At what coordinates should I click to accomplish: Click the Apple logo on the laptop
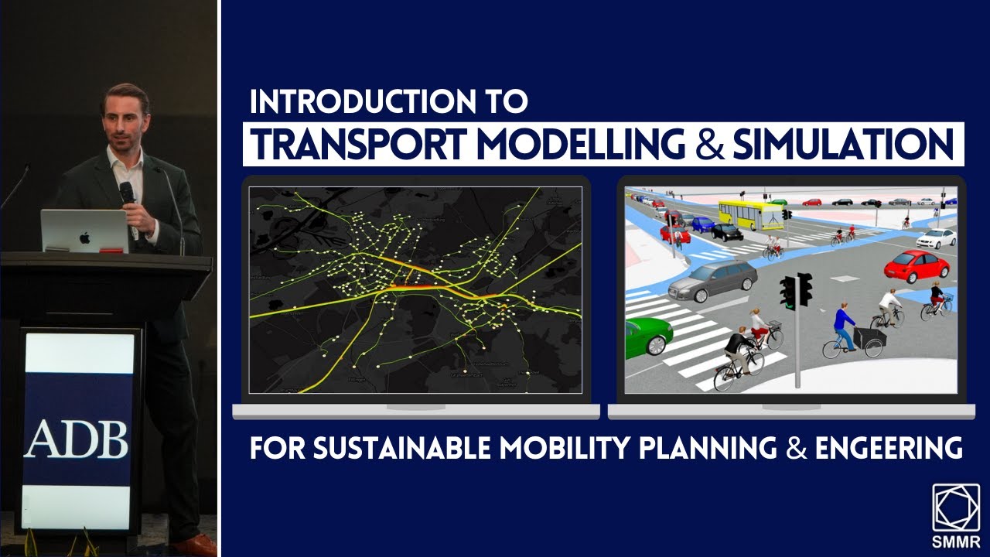84,237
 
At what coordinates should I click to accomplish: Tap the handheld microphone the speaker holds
126,193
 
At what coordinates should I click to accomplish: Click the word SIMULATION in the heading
843,144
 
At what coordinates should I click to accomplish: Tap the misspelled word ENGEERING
889,448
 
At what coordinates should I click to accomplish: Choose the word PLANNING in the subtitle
719,448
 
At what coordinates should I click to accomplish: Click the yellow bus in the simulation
749,213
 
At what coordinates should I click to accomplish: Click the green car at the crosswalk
647,337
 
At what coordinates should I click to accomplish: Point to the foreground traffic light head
796,291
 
